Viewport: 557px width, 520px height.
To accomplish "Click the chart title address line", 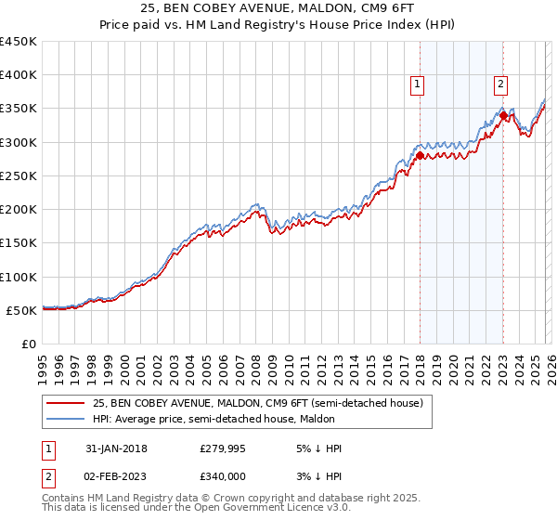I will (x=278, y=9).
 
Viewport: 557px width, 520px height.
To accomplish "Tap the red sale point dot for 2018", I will (x=420, y=156).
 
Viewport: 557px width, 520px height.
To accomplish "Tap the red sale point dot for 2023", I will (x=502, y=116).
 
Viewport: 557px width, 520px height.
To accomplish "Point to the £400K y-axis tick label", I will (x=19, y=75).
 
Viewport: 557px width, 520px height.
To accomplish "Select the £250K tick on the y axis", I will (x=19, y=175).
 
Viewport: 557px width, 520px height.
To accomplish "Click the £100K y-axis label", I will (x=19, y=277).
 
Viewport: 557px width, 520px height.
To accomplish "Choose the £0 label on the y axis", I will (x=28, y=344).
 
